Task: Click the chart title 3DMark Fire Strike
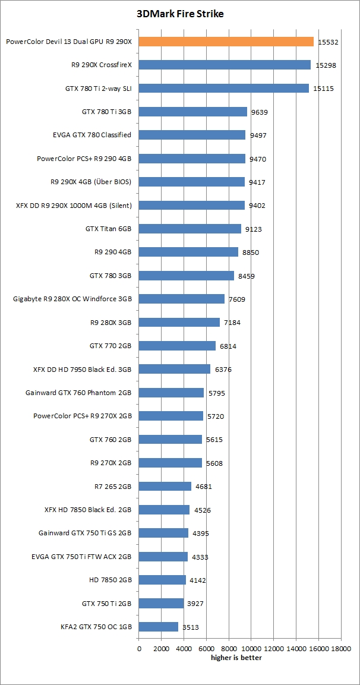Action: coord(179,13)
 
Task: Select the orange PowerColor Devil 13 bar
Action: coord(226,42)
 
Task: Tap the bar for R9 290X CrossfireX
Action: coord(225,65)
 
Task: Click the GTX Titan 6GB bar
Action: coord(190,229)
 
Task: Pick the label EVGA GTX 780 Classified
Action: coord(92,135)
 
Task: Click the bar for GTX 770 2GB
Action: coord(177,346)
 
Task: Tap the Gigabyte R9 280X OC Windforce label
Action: coord(72,299)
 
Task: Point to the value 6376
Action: coord(223,370)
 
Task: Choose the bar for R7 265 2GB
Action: coord(165,487)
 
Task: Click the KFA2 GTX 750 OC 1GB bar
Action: coord(159,627)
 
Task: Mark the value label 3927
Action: coord(196,604)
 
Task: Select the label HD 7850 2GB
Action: coord(110,580)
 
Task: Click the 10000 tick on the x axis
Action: coord(251,649)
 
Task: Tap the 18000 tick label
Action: coord(341,649)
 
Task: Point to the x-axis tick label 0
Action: coord(139,649)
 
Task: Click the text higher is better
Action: coord(236,657)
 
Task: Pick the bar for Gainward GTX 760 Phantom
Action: coord(172,393)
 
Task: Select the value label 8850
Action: coord(251,252)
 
